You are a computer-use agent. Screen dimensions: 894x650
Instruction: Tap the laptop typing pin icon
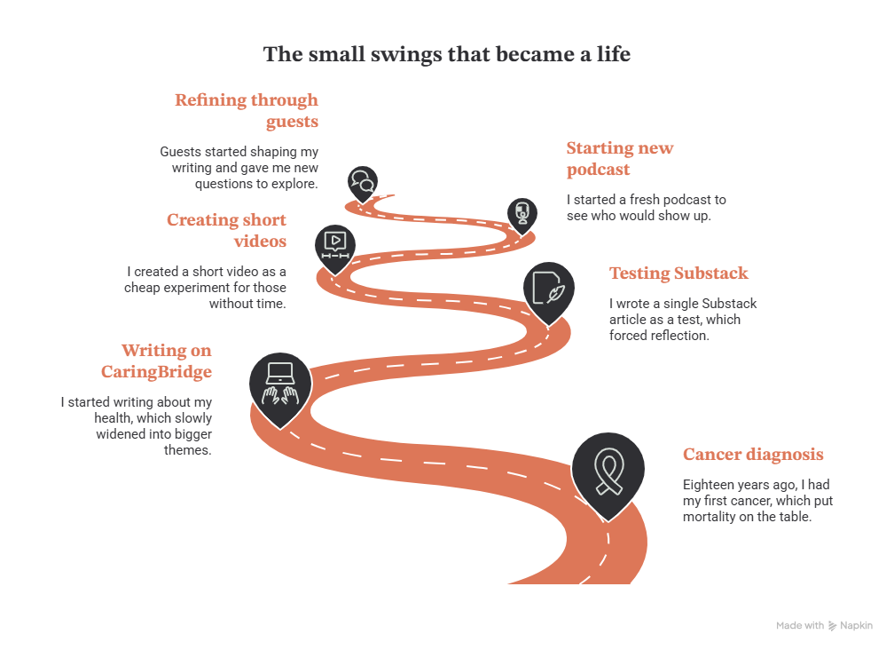(280, 388)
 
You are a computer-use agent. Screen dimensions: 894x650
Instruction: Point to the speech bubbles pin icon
(363, 183)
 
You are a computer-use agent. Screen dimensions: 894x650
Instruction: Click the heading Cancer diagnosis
(753, 455)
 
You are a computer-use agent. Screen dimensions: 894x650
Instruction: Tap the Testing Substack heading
(678, 273)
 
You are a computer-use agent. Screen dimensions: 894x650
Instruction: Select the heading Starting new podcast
(620, 159)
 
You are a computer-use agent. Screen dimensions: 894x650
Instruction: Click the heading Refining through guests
(247, 111)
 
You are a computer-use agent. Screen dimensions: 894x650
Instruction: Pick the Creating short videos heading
(226, 231)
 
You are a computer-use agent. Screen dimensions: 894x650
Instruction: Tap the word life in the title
(614, 53)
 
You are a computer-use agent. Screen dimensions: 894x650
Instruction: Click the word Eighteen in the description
(706, 485)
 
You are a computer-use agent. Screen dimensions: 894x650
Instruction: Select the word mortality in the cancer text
(710, 517)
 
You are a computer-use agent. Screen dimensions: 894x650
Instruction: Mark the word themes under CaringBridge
(188, 450)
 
